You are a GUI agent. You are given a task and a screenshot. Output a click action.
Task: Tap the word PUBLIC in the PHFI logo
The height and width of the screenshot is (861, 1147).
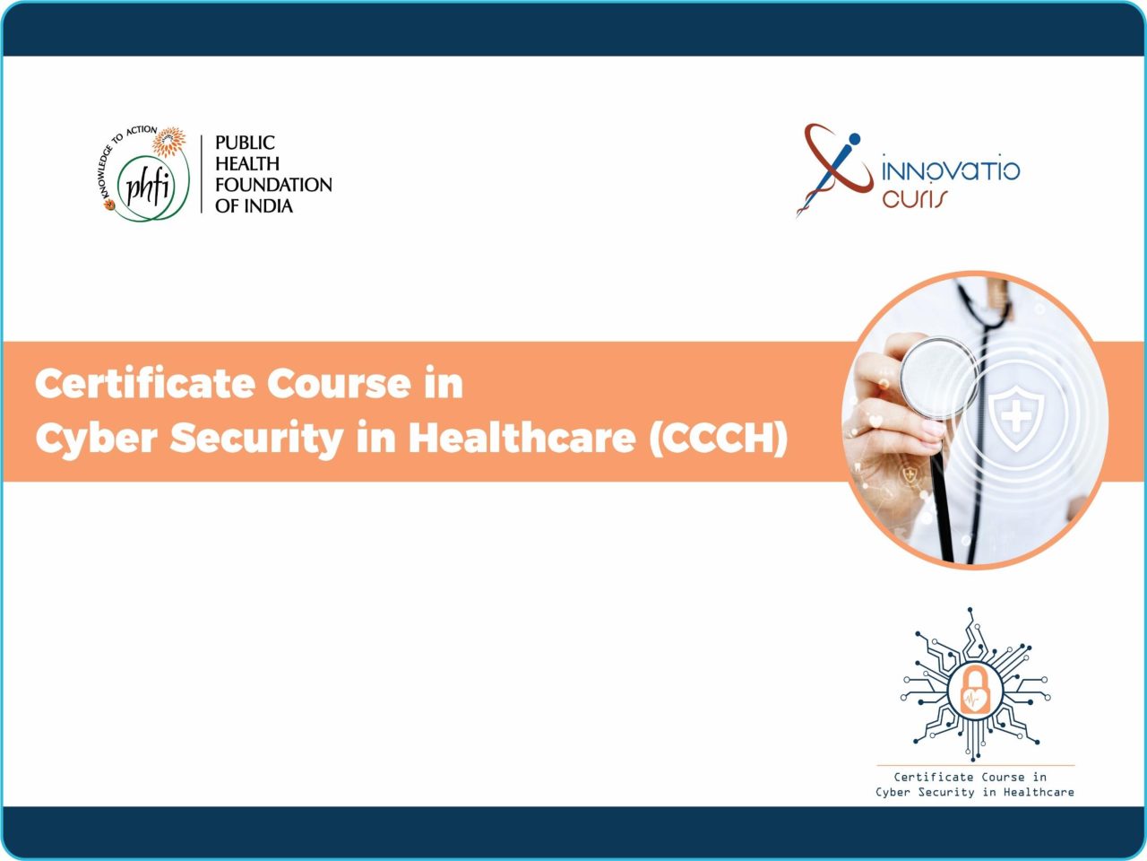tap(245, 143)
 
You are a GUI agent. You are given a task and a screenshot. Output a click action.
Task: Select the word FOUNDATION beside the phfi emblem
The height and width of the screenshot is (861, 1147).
tap(273, 185)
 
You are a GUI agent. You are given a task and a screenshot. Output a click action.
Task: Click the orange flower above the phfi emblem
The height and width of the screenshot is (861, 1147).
tap(168, 142)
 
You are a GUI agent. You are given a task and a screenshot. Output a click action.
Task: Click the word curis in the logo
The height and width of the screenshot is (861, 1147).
tap(915, 198)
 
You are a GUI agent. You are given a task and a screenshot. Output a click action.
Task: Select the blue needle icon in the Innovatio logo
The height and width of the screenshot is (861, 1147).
tap(826, 174)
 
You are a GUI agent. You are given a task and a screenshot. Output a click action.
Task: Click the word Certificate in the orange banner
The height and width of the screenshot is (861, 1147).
tap(144, 384)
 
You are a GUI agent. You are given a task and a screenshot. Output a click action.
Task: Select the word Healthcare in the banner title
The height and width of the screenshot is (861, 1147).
tap(522, 437)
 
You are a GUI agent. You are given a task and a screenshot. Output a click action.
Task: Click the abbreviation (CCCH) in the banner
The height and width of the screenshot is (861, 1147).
tap(718, 438)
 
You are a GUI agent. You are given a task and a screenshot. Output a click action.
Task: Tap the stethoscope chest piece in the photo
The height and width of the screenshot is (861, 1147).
tap(939, 378)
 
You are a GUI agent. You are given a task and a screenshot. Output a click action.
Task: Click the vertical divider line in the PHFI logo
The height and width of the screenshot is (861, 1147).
tap(202, 174)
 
